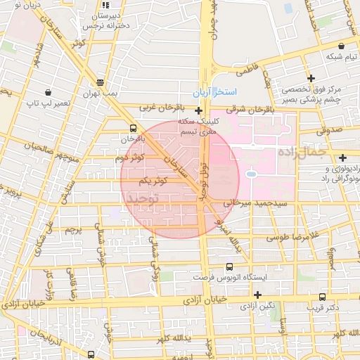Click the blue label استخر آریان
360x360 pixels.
tap(215, 93)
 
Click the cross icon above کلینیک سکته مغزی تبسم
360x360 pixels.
tap(199, 110)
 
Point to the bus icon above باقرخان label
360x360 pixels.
tap(134, 128)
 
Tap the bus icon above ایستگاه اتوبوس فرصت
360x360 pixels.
tap(230, 267)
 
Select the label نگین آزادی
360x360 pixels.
tap(257, 306)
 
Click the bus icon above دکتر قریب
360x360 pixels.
tap(322, 297)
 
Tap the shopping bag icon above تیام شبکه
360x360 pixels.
tap(341, 45)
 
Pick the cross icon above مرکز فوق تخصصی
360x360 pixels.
tap(311, 77)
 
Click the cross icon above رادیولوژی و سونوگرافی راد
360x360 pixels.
tap(342, 157)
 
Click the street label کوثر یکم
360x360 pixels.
tap(153, 181)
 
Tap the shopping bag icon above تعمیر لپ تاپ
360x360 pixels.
tap(47, 92)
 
